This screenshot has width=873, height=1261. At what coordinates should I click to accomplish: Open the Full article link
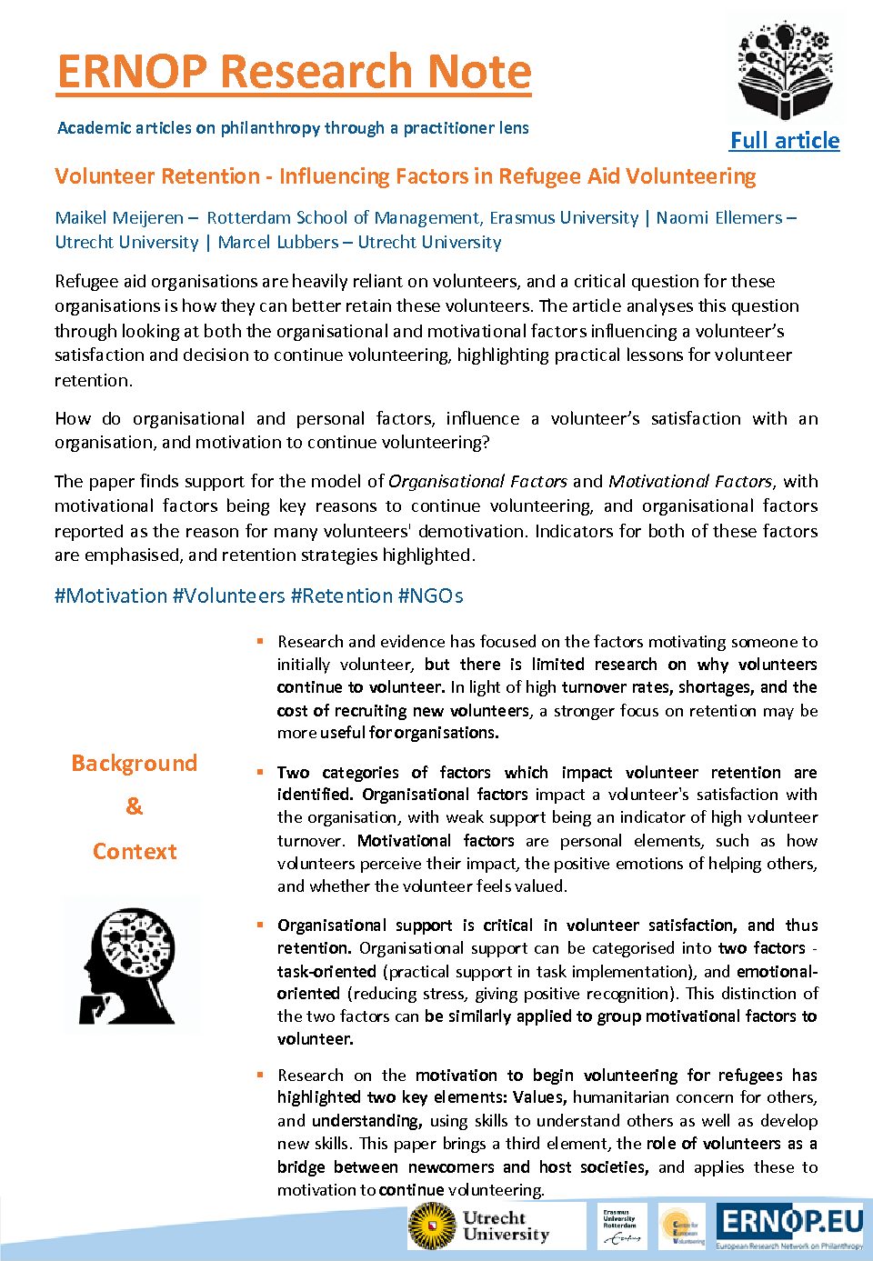[784, 140]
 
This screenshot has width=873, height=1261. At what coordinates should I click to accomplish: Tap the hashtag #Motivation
[111, 595]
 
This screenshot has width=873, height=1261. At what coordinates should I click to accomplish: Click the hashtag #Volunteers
[228, 595]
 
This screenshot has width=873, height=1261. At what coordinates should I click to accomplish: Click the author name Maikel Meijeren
[119, 217]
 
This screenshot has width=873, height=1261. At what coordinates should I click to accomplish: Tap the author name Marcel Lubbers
[277, 242]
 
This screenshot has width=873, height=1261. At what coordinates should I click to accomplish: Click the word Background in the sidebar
[134, 763]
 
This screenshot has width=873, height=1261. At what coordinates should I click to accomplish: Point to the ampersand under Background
[134, 806]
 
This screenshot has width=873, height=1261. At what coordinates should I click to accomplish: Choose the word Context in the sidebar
[134, 851]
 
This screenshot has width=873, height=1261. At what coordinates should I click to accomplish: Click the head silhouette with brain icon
[131, 964]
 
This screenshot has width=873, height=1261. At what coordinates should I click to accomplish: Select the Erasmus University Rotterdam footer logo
[621, 1226]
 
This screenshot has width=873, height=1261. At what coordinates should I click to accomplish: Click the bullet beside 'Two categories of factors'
[260, 772]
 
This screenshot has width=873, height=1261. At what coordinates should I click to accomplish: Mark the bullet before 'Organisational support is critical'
[260, 925]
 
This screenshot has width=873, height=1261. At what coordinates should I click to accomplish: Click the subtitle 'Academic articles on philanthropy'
[293, 127]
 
